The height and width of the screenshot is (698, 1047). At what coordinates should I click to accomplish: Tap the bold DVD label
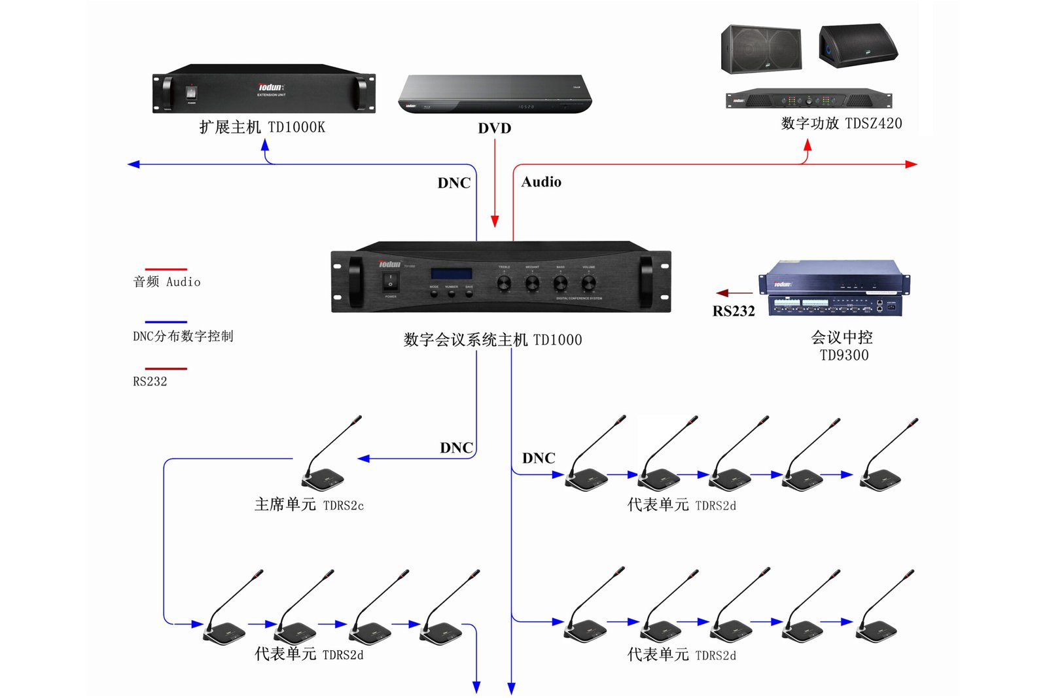pos(494,128)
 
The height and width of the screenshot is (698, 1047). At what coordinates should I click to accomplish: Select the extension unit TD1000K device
pos(264,89)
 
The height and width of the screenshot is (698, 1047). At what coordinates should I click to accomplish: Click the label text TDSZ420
pos(873,123)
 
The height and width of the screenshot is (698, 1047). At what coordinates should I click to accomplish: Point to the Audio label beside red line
pos(541,182)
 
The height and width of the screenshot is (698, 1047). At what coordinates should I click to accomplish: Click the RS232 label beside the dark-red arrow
pos(734,311)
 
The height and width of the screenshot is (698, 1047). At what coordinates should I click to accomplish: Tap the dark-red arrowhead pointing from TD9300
pos(722,293)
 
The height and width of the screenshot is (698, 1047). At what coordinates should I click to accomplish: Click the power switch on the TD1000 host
pos(391,281)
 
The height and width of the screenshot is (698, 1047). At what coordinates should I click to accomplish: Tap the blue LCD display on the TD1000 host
pos(451,273)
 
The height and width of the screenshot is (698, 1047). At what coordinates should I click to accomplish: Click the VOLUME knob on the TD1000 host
pos(588,283)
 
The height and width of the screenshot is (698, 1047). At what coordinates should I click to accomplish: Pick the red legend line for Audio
pos(166,269)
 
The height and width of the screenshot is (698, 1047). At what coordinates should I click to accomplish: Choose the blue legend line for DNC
pos(166,322)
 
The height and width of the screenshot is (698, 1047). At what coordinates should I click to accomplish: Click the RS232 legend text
pos(150,381)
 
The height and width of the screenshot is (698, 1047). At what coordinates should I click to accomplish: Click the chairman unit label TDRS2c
pos(343,506)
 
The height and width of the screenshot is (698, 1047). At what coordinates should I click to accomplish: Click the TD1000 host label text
pos(492,340)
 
